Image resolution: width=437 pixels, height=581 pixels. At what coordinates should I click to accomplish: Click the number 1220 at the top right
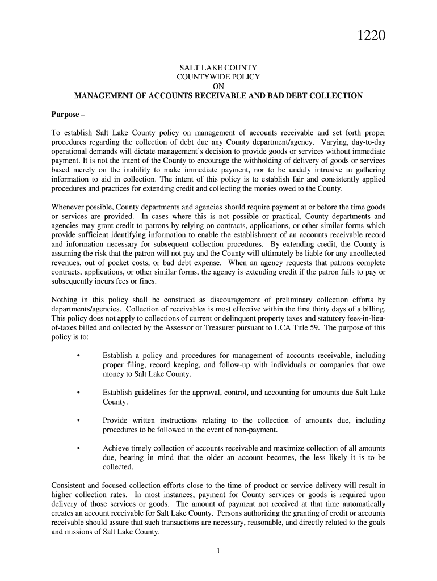[x=371, y=37]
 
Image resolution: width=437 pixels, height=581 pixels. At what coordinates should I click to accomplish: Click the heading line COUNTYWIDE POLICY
[x=218, y=77]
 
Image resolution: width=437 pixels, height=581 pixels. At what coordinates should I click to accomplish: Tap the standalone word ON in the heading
[x=218, y=86]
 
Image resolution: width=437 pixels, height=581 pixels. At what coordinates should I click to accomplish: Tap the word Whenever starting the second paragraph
[x=69, y=207]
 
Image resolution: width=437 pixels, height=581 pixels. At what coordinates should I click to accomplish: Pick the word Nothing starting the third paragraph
[x=65, y=300]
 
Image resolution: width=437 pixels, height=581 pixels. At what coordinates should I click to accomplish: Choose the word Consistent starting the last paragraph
[x=71, y=486]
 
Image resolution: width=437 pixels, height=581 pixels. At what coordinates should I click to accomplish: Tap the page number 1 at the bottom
[x=218, y=551]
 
